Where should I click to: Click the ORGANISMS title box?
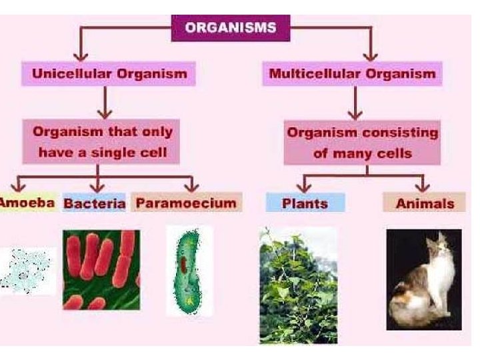coord(231,29)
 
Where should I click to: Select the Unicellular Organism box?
coord(109,73)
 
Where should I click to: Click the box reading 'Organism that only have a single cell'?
coord(102,142)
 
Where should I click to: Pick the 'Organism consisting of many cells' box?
coord(362,142)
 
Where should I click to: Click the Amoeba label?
coord(27,202)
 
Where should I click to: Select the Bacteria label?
coord(94,203)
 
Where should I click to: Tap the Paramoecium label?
coord(186,202)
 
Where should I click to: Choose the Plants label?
coord(305,203)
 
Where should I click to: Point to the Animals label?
coord(425,203)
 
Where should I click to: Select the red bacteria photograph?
coord(101,269)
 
